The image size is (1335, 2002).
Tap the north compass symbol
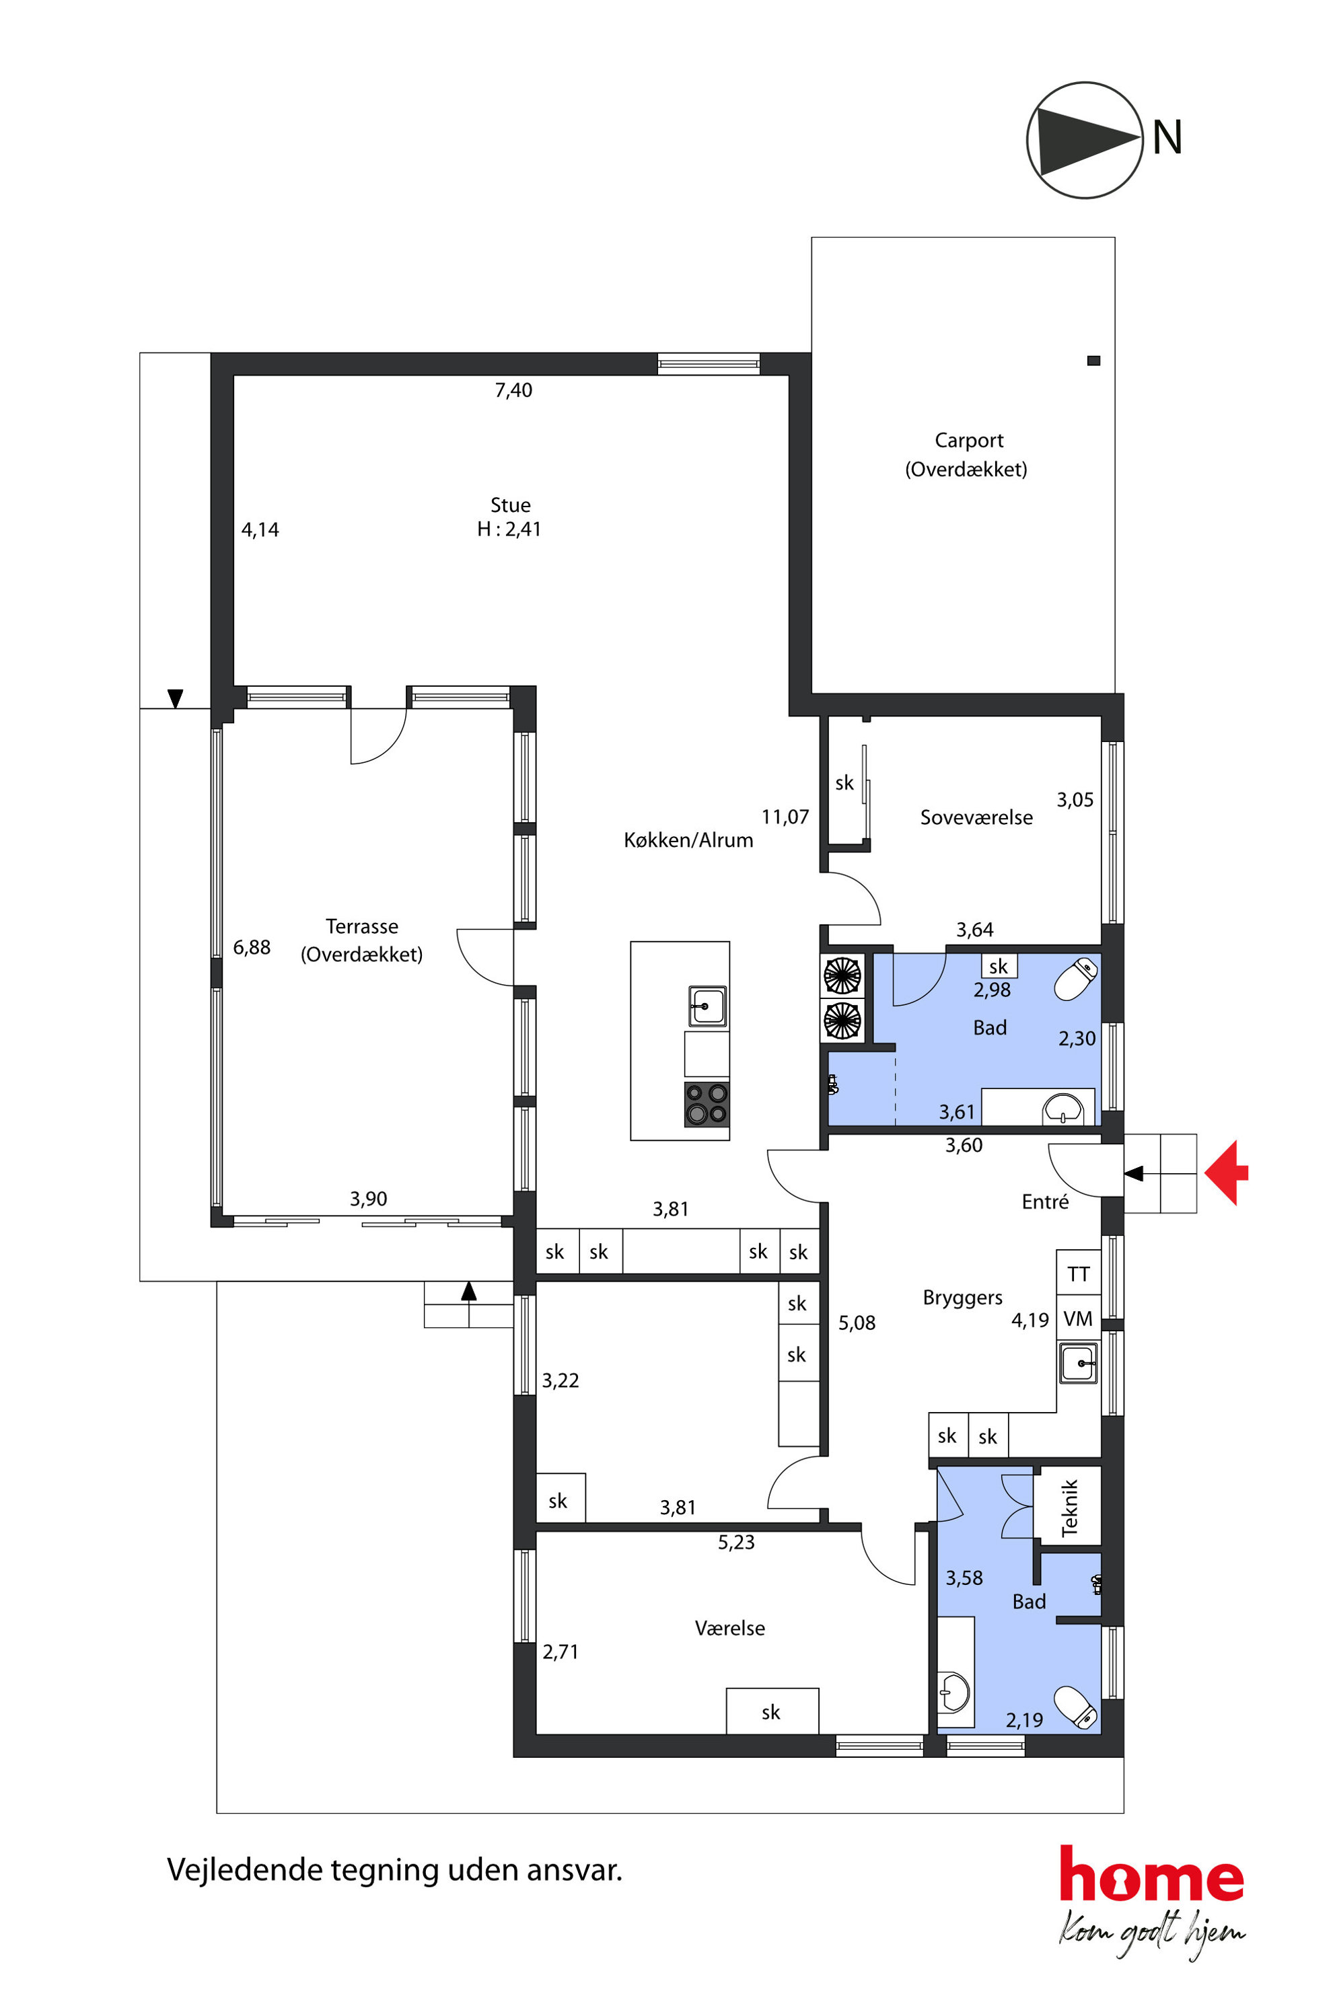coord(1084,141)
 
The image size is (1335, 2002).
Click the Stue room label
coord(510,505)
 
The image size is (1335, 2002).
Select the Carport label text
coord(969,441)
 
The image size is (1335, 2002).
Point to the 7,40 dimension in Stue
coord(513,390)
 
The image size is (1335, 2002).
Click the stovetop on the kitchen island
coord(707,1104)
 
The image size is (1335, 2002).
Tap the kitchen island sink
coord(707,1006)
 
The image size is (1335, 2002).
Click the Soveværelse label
coord(976,817)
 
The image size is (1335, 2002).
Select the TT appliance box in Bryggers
coord(1079,1273)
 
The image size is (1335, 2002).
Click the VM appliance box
coord(1079,1319)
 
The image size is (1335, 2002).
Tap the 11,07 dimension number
coord(785,817)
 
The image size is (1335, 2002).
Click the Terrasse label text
coord(362,926)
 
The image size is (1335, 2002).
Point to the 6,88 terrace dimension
coord(252,947)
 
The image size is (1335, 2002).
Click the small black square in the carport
coord(1094,361)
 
